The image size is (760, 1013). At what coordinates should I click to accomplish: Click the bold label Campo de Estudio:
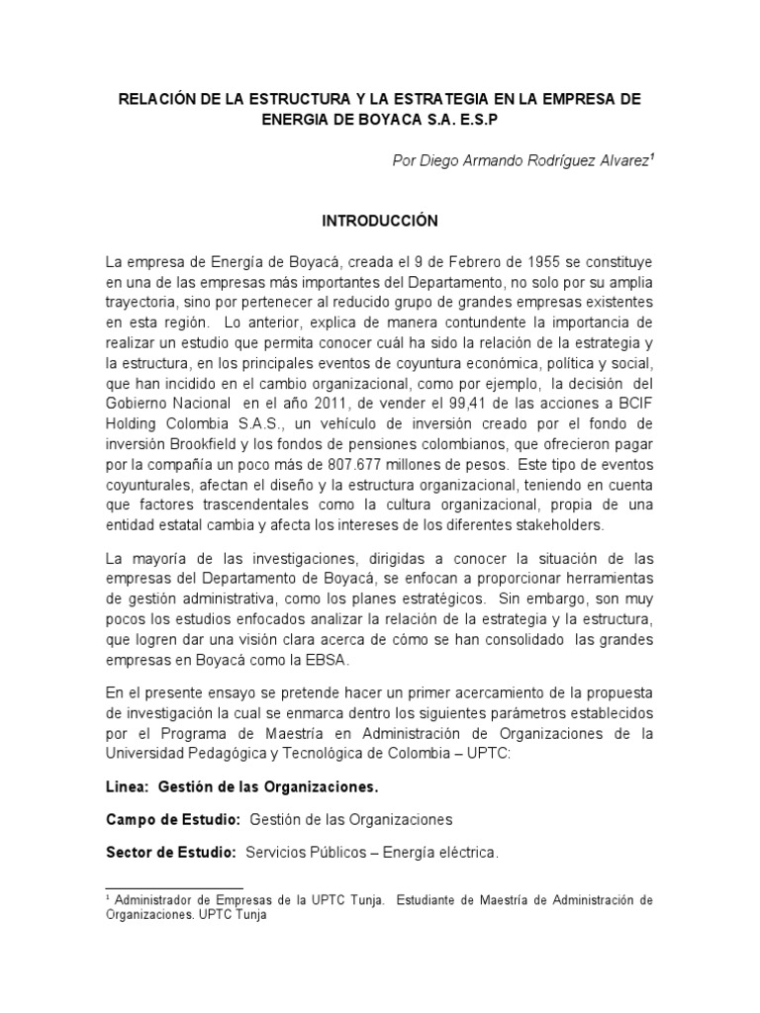click(172, 820)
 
